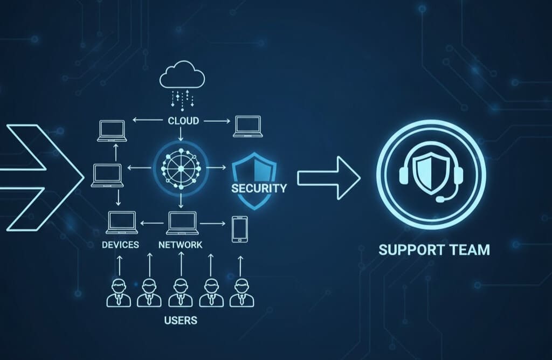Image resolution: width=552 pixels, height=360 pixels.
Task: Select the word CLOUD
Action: coord(183,121)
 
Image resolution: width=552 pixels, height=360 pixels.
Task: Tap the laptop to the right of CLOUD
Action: coord(247,127)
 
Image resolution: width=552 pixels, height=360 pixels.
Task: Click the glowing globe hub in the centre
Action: coord(181,168)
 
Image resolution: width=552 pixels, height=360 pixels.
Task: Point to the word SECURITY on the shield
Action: coord(259,188)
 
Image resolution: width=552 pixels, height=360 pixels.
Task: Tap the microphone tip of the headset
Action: coord(439,200)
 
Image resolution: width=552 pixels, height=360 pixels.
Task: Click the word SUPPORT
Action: coord(410,250)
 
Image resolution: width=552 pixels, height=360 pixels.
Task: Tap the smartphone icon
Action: coord(239,230)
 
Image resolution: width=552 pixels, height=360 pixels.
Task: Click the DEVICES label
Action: coord(120,245)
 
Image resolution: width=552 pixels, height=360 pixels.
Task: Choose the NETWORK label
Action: coord(181,245)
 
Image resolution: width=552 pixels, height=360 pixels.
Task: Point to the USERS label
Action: coord(181,321)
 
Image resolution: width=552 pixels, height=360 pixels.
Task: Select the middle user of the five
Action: coord(181,293)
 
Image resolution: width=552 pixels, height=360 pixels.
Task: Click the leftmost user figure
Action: coord(119,293)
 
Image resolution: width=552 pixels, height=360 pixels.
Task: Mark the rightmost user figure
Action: coord(241,293)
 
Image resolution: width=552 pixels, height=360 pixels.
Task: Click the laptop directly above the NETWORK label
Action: coord(181,223)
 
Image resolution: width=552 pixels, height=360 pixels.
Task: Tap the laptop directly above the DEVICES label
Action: coord(121,223)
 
